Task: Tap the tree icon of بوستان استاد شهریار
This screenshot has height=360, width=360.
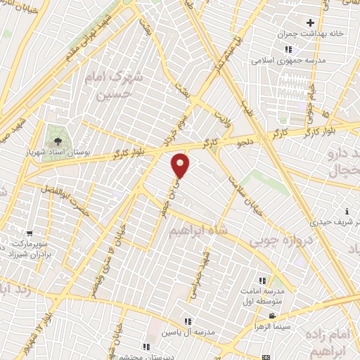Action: click(x=58, y=134)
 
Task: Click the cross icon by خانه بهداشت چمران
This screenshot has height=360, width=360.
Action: click(x=309, y=23)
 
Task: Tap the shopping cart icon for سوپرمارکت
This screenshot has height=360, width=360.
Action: click(x=29, y=233)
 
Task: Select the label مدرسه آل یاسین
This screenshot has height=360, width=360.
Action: click(x=186, y=331)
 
